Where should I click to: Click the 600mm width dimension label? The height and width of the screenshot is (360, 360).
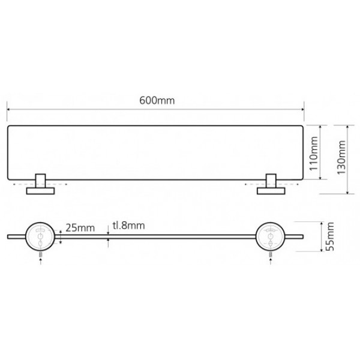[x=157, y=101]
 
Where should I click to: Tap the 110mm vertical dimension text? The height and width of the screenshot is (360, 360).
[x=314, y=154]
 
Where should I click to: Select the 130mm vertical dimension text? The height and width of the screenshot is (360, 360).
[x=341, y=157]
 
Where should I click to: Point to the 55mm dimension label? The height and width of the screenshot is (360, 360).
[x=329, y=236]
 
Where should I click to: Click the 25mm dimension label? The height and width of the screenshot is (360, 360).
[x=80, y=228]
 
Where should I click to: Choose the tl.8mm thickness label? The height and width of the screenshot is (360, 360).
[x=128, y=226]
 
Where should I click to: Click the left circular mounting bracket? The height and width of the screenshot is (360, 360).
[x=40, y=236]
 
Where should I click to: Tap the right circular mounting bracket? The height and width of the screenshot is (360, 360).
[x=271, y=236]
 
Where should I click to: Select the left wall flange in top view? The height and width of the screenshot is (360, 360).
[x=40, y=191]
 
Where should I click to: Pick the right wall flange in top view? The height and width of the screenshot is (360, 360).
[x=271, y=191]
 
